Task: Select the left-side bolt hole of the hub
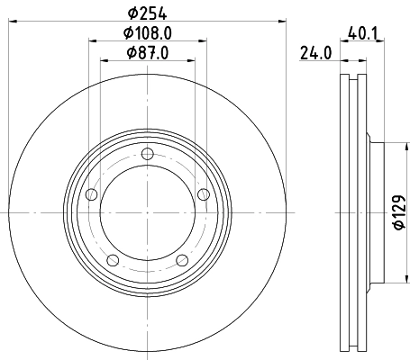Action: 90,196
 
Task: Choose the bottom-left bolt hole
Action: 113,261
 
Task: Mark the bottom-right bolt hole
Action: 182,261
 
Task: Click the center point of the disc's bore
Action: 147,213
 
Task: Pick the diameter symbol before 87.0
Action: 129,51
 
